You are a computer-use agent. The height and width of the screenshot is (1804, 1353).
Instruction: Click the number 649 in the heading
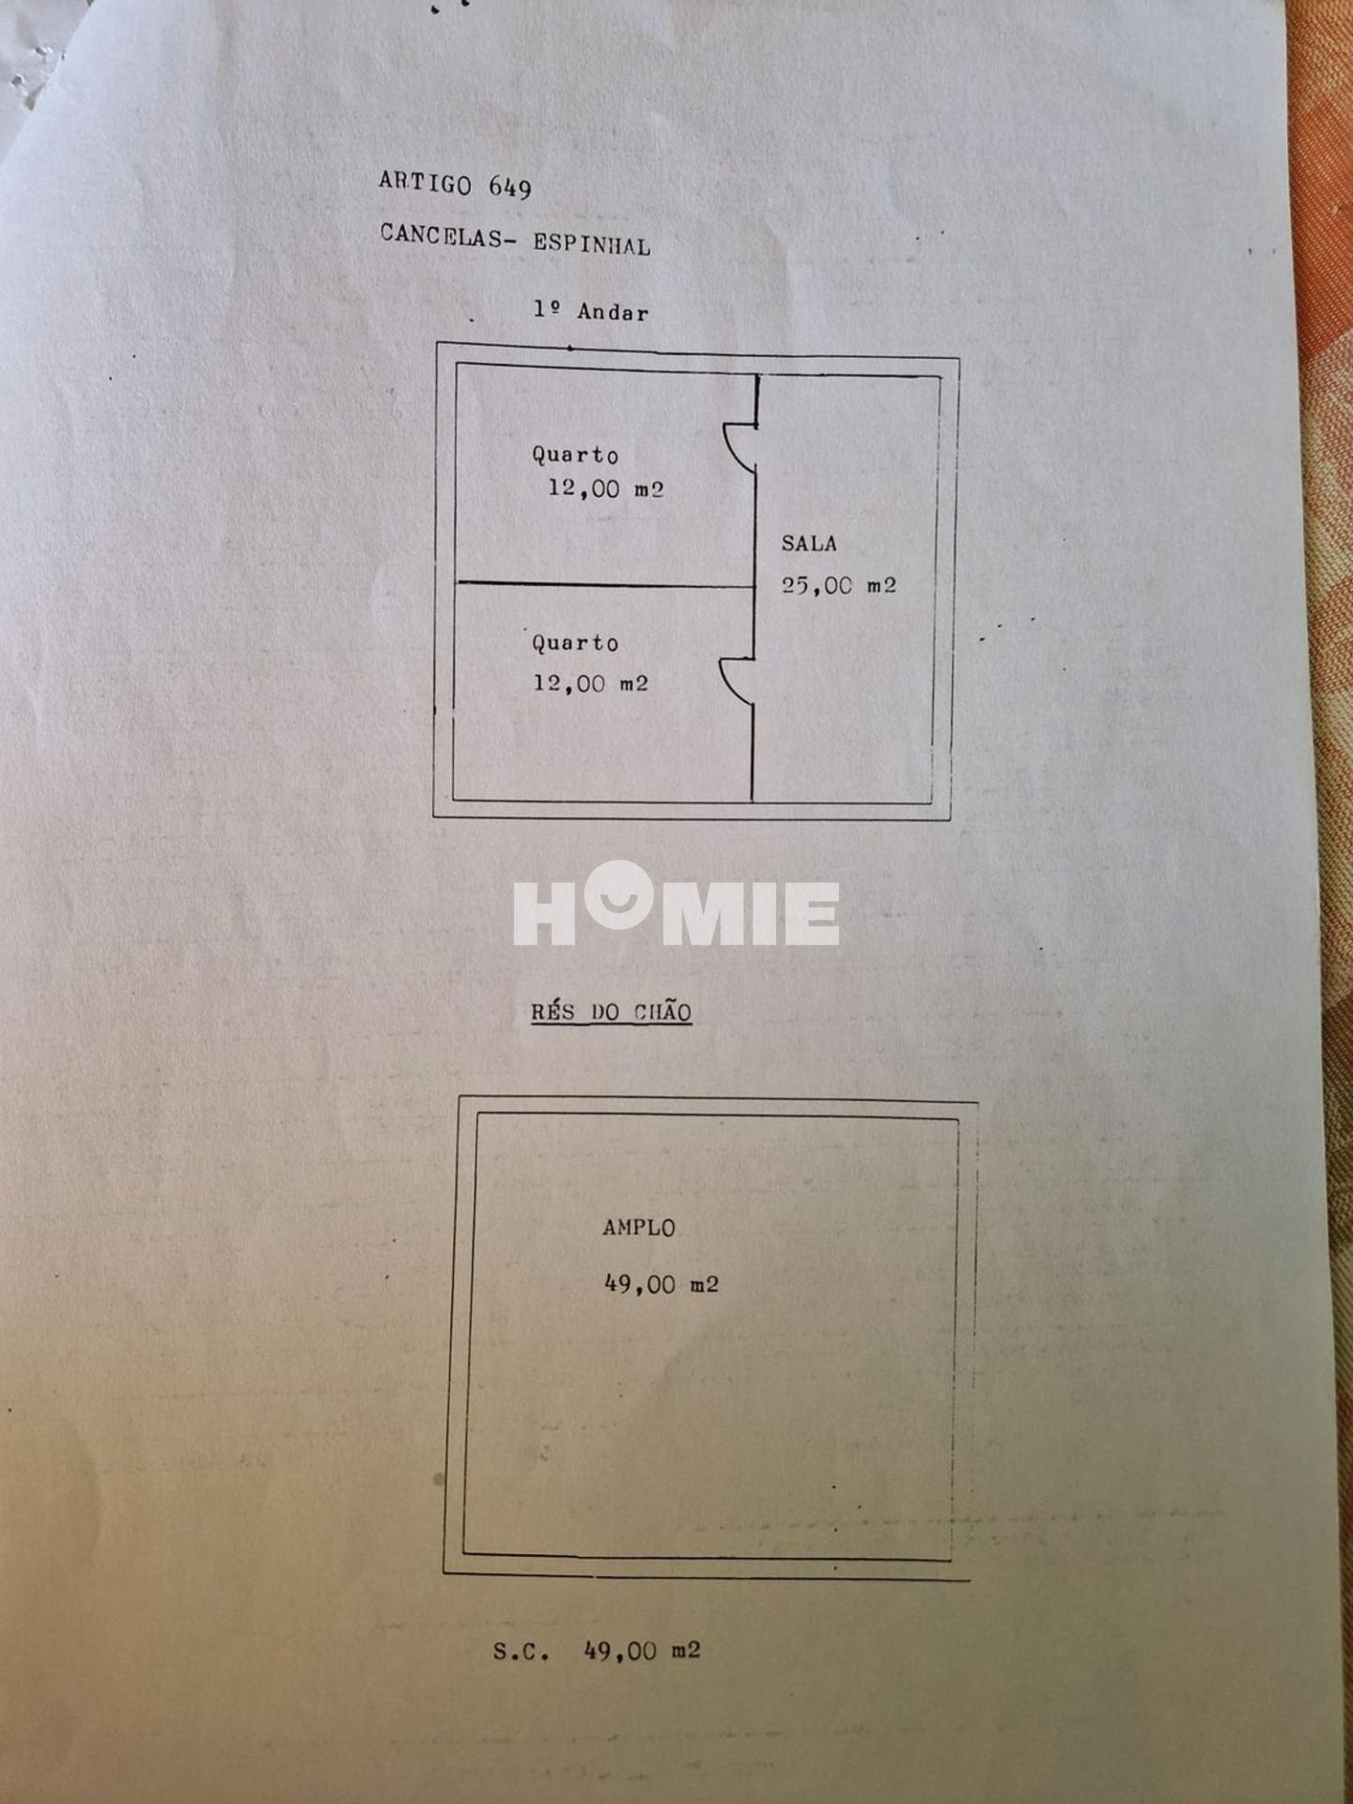click(x=510, y=187)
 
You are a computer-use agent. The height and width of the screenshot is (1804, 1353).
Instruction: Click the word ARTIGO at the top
click(x=425, y=182)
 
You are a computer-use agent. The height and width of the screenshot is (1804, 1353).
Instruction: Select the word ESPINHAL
click(x=592, y=244)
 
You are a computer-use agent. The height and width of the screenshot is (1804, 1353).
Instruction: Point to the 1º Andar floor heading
click(x=591, y=311)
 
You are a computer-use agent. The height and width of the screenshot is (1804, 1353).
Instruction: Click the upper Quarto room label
click(x=575, y=455)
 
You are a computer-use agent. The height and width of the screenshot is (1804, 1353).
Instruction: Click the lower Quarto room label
click(x=575, y=644)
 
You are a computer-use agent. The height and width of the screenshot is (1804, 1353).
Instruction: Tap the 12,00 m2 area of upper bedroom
click(x=606, y=489)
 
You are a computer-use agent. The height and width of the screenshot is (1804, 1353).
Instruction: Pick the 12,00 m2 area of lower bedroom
click(x=591, y=683)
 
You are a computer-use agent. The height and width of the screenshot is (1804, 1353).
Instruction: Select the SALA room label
click(x=809, y=543)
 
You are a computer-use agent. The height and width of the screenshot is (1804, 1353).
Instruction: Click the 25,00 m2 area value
click(x=839, y=585)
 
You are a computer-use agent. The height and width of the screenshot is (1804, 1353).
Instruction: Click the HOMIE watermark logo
click(x=676, y=904)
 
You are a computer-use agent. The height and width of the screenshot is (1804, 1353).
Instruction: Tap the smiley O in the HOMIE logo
click(x=617, y=894)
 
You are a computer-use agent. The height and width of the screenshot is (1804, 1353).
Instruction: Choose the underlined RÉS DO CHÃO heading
click(x=612, y=1012)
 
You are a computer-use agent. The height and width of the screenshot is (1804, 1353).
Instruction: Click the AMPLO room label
click(x=639, y=1227)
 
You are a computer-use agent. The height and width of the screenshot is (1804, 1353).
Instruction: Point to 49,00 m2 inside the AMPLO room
click(x=661, y=1284)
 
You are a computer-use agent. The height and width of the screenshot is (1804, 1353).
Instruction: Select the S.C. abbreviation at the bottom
click(x=521, y=1651)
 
